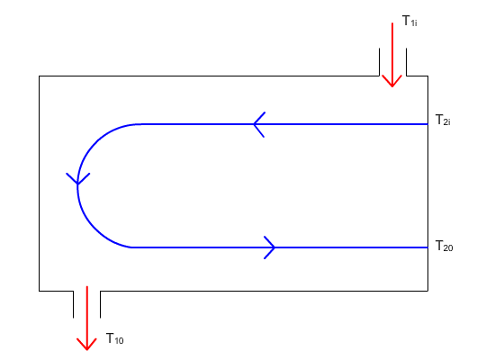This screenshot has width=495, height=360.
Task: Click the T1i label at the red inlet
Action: [x=409, y=21]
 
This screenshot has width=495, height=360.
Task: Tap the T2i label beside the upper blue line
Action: [x=443, y=121]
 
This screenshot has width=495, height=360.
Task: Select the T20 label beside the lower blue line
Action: [x=444, y=246]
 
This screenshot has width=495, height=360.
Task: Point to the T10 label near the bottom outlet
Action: [x=115, y=338]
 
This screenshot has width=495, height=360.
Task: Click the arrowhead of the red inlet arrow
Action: [x=392, y=81]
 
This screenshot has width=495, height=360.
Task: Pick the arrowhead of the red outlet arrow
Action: [x=86, y=344]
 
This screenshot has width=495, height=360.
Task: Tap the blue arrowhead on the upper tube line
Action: [x=259, y=124]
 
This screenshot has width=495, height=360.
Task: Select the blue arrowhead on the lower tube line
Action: [x=270, y=247]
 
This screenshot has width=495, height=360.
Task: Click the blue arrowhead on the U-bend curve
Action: [x=78, y=179]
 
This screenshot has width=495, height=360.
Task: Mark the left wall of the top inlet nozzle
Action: [x=379, y=62]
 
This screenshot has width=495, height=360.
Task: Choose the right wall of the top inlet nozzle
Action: [x=406, y=62]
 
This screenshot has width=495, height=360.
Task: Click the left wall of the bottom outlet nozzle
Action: [x=73, y=304]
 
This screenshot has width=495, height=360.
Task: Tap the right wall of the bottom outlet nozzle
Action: [x=101, y=304]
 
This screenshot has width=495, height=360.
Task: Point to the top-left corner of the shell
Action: [x=39, y=76]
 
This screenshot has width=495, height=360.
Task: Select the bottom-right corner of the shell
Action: [x=427, y=291]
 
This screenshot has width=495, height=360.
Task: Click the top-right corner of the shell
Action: [x=427, y=76]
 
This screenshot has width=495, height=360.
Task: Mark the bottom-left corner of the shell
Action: [x=39, y=291]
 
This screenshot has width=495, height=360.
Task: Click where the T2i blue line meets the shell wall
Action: [x=427, y=124]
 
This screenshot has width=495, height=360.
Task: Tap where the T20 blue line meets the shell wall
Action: [x=427, y=247]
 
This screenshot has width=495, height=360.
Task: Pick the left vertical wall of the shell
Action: [x=39, y=184]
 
